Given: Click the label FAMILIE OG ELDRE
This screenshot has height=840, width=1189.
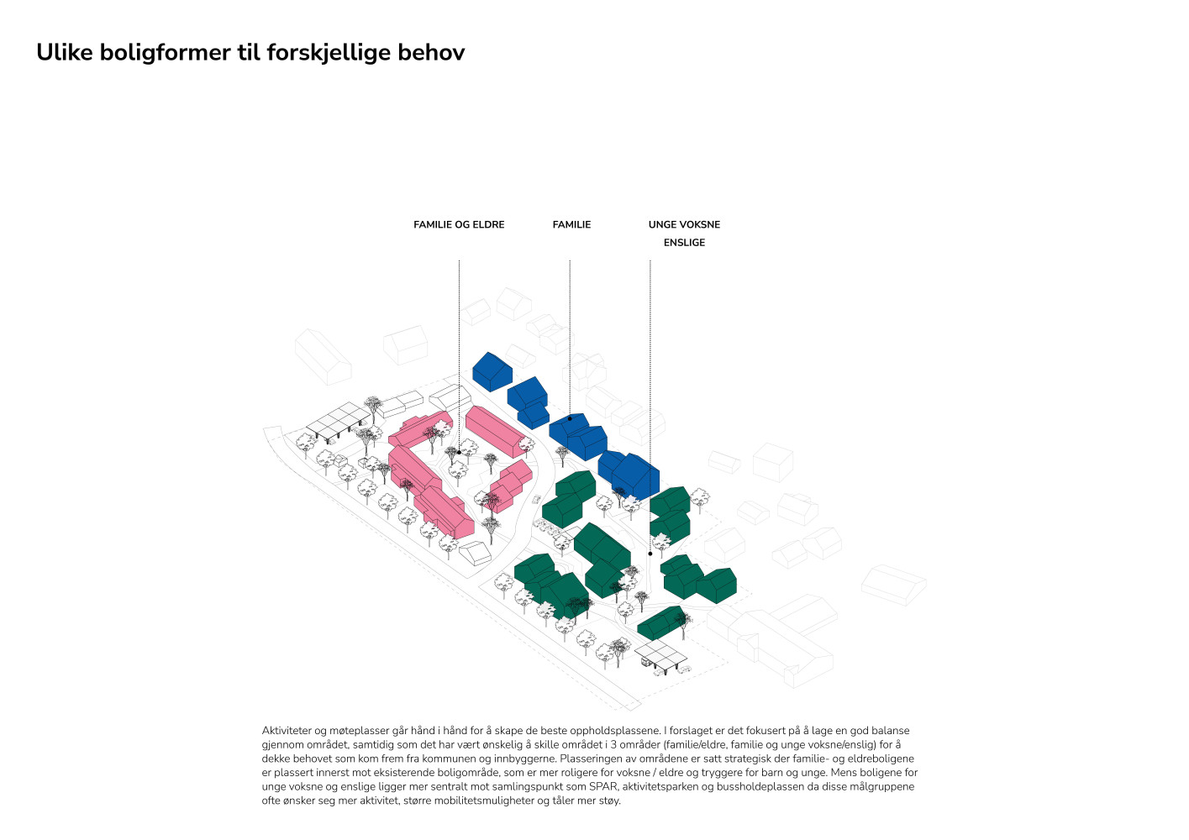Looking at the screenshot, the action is (x=459, y=224).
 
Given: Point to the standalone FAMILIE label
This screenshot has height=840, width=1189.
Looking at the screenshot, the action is (x=571, y=224).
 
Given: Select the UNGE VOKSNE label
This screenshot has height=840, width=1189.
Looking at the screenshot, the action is (x=684, y=224).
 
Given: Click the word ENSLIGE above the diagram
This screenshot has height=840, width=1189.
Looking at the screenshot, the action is (x=684, y=243).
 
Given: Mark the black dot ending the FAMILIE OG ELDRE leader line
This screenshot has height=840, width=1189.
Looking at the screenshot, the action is (x=459, y=452).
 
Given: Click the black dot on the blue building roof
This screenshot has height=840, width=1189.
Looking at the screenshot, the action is (x=570, y=418).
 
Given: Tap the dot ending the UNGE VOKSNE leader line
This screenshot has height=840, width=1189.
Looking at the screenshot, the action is (x=650, y=554).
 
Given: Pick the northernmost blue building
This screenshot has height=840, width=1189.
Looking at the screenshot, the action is (x=492, y=372).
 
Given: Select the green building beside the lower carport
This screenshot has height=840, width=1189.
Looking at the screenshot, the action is (x=661, y=623).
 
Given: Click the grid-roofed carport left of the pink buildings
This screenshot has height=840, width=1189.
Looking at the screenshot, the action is (x=338, y=420).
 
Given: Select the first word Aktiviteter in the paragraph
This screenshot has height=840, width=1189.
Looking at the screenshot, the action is (x=287, y=730).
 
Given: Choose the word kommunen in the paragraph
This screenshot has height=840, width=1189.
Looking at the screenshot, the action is (x=445, y=759).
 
